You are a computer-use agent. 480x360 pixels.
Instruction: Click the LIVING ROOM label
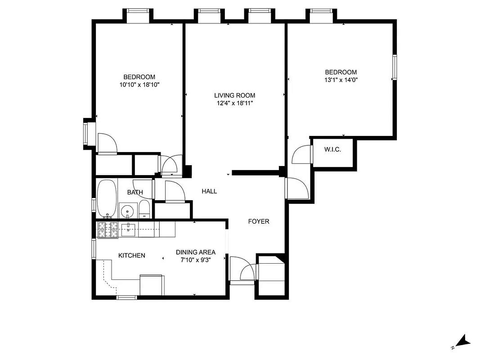(x=234, y=95)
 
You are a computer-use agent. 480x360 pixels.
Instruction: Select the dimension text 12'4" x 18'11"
(x=234, y=103)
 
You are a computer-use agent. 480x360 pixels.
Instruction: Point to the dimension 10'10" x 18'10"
(x=139, y=85)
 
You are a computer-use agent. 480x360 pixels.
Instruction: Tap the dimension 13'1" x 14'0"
(x=341, y=80)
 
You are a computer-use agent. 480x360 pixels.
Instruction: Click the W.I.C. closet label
(x=332, y=149)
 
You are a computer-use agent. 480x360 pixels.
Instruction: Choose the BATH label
(x=135, y=193)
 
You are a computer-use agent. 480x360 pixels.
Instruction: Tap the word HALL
(x=209, y=191)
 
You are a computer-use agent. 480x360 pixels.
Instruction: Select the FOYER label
(x=259, y=221)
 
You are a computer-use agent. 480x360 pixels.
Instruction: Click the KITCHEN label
(x=132, y=256)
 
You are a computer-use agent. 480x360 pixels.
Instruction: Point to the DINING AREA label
(x=196, y=252)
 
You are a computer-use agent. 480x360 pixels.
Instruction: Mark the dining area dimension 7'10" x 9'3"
(x=196, y=260)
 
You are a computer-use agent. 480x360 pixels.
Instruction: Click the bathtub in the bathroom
(x=107, y=198)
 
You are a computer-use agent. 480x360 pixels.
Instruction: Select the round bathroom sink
(x=128, y=211)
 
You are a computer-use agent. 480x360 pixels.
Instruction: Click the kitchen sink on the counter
(x=129, y=229)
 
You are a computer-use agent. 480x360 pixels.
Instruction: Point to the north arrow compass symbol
(x=462, y=342)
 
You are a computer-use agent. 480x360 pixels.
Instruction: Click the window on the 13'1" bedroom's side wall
(x=395, y=67)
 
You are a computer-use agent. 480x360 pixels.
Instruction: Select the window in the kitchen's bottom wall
(x=126, y=297)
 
